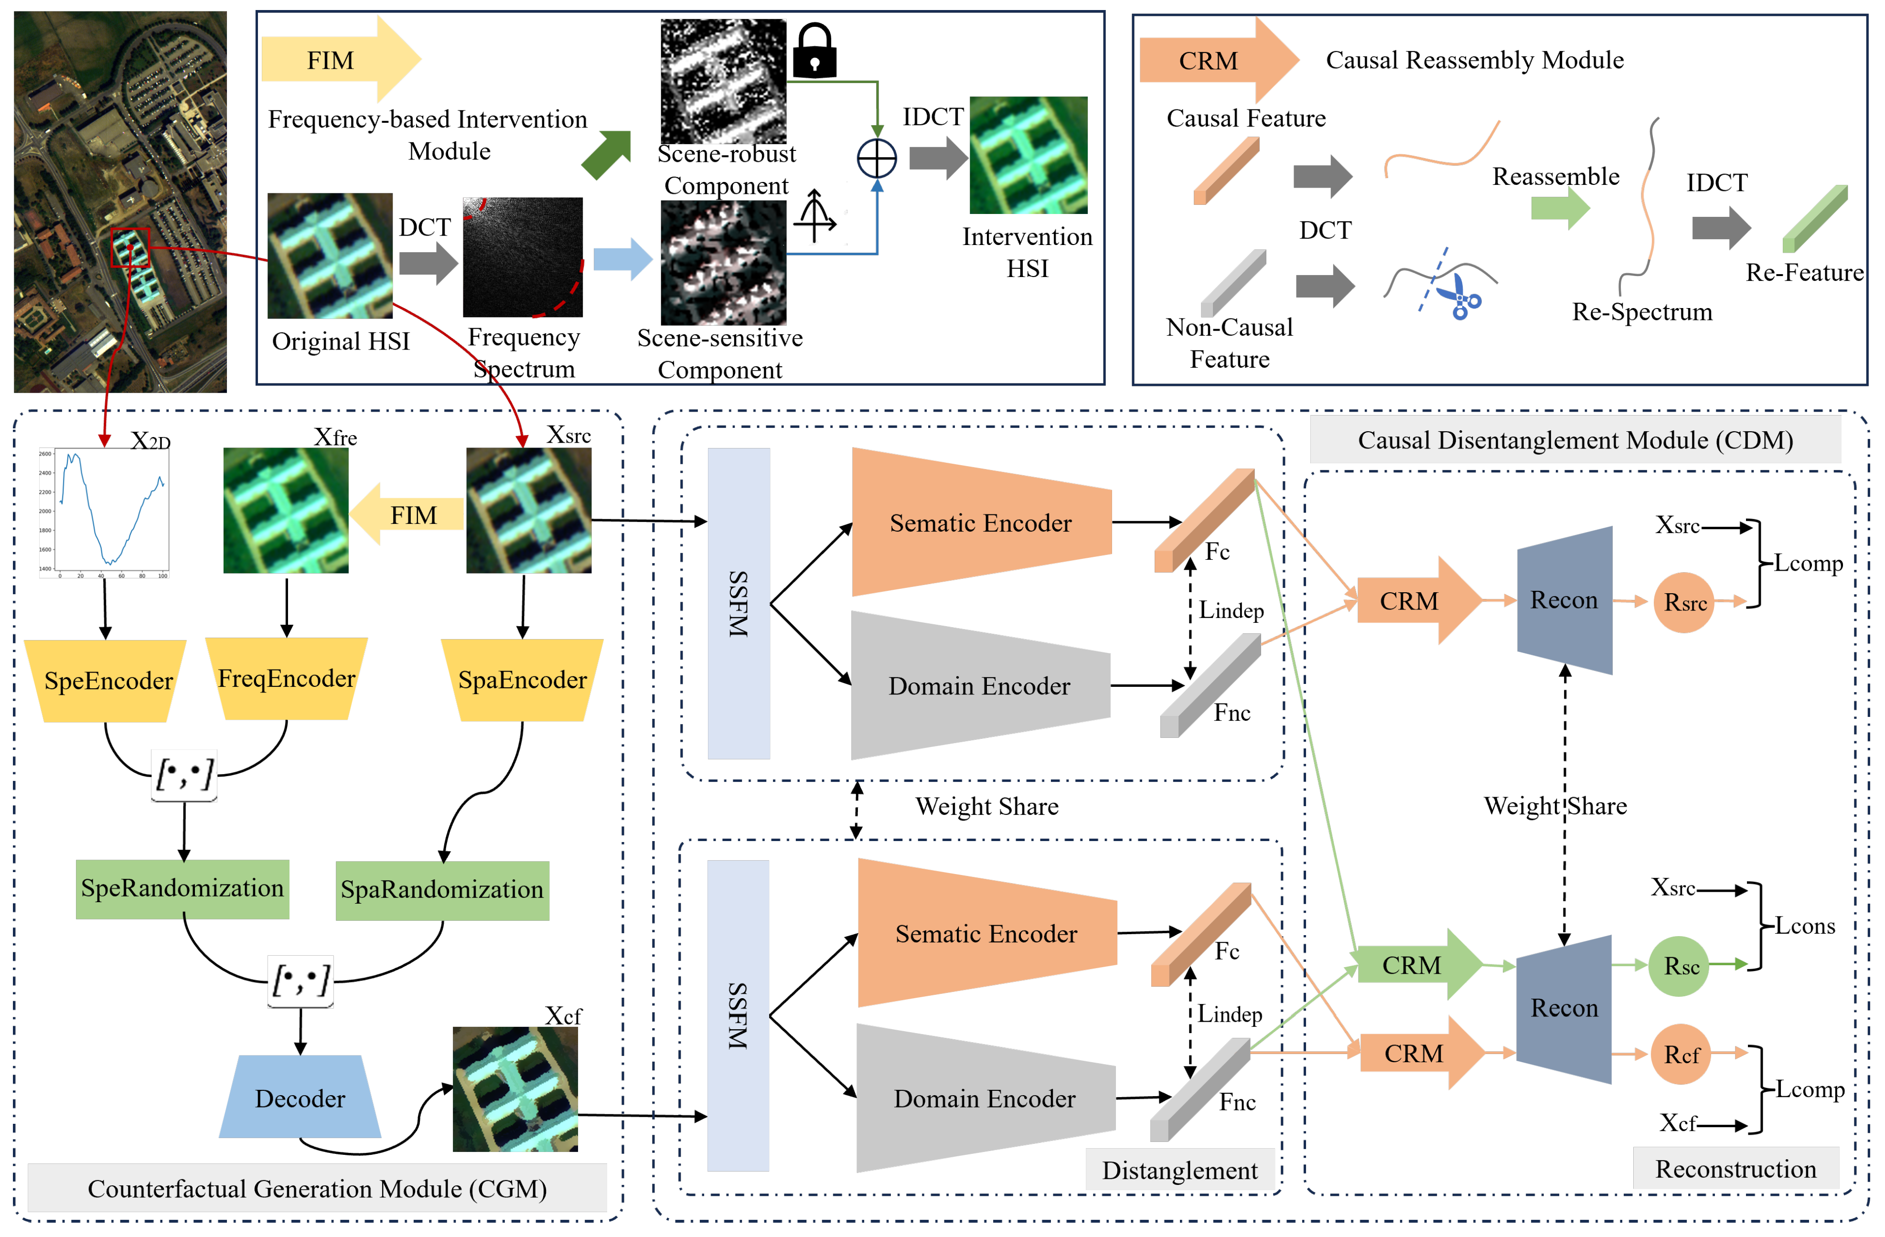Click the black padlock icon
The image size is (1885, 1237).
point(814,52)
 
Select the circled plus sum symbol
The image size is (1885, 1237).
point(877,159)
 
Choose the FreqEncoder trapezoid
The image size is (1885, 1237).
point(287,679)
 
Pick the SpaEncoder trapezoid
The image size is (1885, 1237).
point(522,680)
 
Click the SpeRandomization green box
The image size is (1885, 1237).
point(182,888)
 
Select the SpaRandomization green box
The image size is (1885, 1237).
point(442,890)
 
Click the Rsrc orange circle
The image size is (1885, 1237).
point(1684,603)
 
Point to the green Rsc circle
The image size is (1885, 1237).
point(1680,966)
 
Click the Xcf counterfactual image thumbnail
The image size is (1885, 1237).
point(515,1089)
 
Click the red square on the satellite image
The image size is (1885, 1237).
point(130,248)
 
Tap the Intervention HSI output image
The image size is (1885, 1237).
point(1028,155)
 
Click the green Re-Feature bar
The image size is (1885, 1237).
point(1814,219)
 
